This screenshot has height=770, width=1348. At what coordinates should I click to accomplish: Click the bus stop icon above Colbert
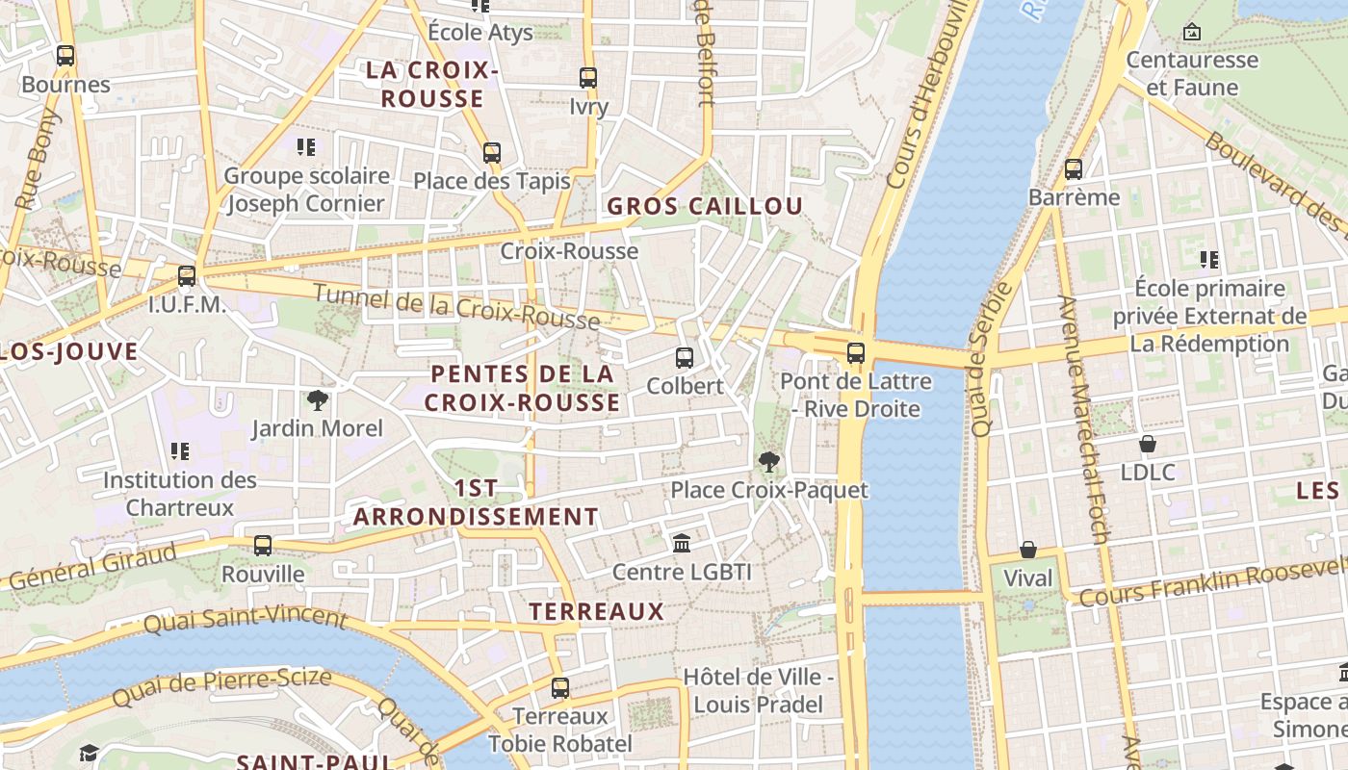pos(685,358)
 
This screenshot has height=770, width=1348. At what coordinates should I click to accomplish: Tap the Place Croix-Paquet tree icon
pos(768,463)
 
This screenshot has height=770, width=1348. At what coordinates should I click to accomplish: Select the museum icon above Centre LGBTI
pos(682,544)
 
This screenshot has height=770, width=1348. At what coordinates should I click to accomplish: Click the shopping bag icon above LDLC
pos(1148,444)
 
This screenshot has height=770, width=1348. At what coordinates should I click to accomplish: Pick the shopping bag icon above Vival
pos(1028,551)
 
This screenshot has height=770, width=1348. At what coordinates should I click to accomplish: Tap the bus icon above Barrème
pos(1074,169)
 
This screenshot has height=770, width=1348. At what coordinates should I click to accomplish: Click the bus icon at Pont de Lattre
pos(856,353)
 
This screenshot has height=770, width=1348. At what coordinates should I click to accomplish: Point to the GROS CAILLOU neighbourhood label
pos(705,206)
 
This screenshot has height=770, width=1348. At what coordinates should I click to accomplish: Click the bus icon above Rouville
pos(263,546)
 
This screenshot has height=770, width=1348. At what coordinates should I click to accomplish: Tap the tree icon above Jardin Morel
pos(317,399)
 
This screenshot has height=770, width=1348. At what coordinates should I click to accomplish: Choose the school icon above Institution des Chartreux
pos(180,451)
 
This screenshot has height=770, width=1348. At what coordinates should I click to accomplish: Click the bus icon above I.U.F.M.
pos(187,276)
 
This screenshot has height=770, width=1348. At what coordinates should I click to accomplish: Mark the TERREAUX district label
pos(597,611)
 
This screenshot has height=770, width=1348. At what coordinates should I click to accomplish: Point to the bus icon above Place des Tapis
pos(492,153)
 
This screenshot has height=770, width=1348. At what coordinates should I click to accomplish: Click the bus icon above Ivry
pos(588,78)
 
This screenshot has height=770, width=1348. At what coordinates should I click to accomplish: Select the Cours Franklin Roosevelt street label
pos(1211,584)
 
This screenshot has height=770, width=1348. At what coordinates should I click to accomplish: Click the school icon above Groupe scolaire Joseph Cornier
pos(306,147)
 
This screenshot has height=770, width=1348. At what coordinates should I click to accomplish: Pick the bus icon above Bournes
pos(65,56)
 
